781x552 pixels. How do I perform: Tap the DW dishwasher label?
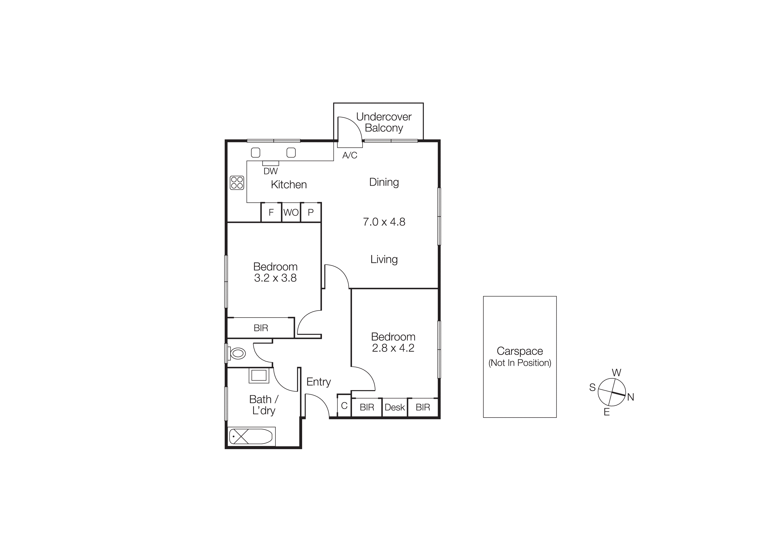(271, 171)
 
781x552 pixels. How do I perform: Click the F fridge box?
(271, 213)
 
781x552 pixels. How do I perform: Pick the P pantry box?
(311, 213)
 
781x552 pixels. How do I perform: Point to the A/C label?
(350, 155)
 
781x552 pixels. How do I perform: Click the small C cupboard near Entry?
(344, 406)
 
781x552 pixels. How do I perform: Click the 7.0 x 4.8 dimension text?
(384, 222)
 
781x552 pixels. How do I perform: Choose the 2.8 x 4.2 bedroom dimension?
(393, 348)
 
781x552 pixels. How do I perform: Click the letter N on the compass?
(630, 397)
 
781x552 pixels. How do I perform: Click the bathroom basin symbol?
(259, 375)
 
